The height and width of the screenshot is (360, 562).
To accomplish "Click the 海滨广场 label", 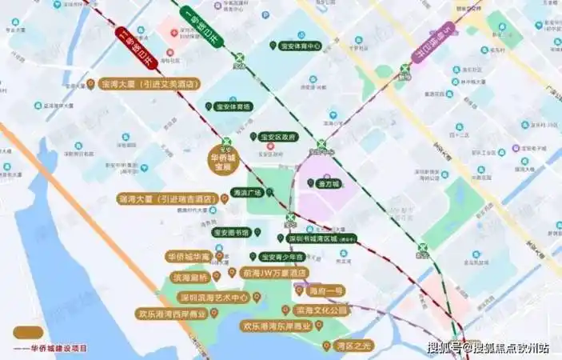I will (248, 192).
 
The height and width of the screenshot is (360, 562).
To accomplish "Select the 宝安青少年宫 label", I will (282, 257).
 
